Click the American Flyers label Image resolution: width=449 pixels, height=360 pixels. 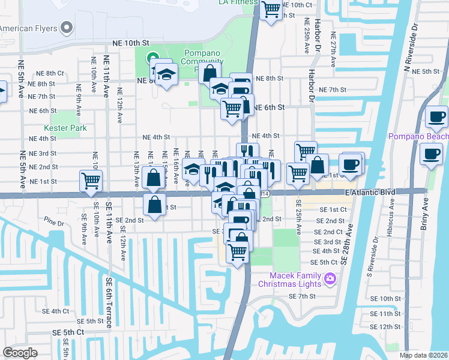[28, 28]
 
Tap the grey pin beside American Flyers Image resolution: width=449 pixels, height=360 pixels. [67, 28]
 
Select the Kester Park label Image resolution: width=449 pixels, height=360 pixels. [65, 128]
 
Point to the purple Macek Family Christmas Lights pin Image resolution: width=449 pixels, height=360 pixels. [329, 278]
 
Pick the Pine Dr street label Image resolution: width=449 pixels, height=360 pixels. [53, 223]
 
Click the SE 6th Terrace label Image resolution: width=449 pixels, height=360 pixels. [109, 302]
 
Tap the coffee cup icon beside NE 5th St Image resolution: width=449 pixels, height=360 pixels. [436, 116]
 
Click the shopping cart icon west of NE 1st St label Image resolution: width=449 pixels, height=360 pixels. [90, 180]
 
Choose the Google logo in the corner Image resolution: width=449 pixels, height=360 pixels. [20, 353]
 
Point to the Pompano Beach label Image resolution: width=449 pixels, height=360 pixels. [418, 137]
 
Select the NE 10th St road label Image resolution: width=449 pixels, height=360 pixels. [130, 44]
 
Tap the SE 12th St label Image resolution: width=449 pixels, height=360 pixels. [385, 326]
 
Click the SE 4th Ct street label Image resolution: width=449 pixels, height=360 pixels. [56, 311]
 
